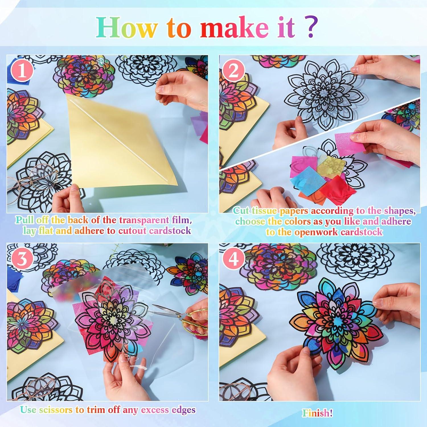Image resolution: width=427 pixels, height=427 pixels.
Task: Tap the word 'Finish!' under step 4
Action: click(x=317, y=413)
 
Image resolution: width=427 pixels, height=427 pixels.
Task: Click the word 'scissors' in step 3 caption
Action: click(x=56, y=410)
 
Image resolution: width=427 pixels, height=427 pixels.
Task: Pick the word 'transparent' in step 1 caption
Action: click(x=144, y=220)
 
